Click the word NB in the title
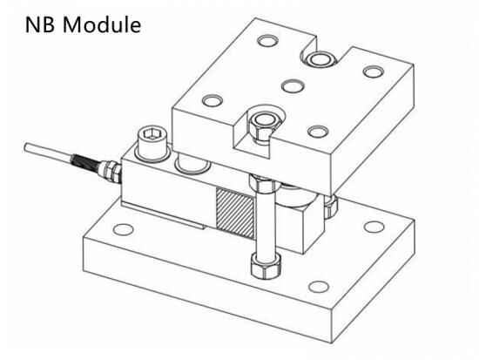40,24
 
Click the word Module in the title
102,24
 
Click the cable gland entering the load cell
111,171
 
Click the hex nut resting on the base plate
266,265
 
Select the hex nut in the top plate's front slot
263,125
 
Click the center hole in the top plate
293,85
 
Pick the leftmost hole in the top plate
213,100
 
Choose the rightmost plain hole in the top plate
374,71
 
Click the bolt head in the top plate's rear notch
320,59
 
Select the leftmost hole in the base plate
124,230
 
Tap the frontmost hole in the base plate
319,287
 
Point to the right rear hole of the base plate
374,227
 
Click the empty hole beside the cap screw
192,164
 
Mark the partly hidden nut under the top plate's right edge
330,207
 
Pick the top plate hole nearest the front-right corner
318,132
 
